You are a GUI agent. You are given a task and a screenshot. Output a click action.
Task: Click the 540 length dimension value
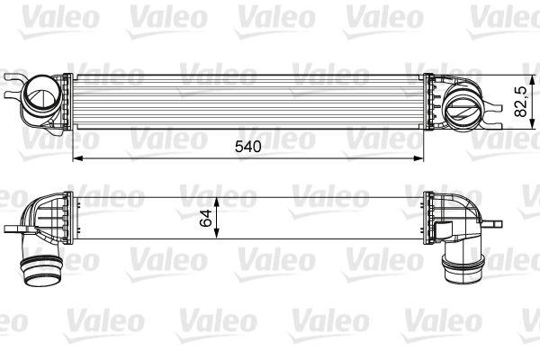point(247,147)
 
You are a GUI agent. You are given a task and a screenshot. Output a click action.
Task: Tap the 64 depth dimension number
point(206,217)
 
